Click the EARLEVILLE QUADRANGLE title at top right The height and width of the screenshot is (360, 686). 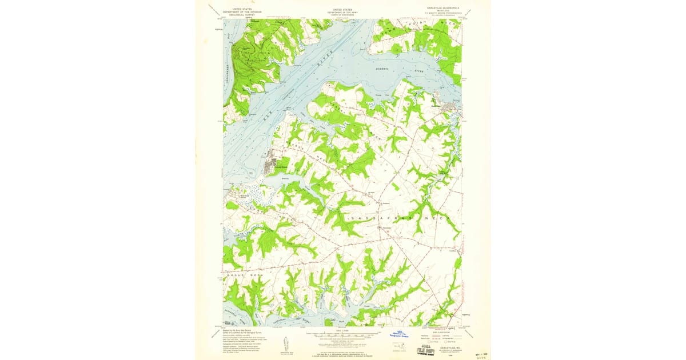[442, 8]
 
